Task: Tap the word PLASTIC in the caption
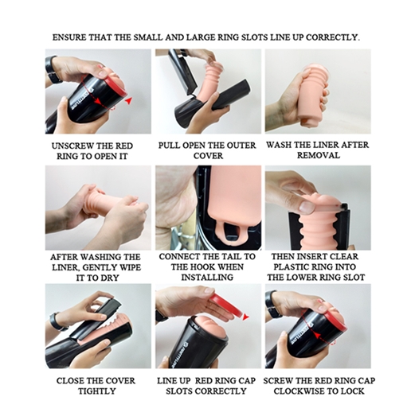click(296, 266)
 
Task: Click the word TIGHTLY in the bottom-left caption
click(97, 391)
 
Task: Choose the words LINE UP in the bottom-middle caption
click(174, 380)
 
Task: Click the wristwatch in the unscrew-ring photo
click(53, 70)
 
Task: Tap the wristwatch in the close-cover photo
click(57, 321)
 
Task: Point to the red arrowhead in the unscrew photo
click(129, 100)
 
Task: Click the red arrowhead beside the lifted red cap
click(245, 317)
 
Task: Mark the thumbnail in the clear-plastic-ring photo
click(307, 207)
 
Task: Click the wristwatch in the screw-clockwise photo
click(272, 305)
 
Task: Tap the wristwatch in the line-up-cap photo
click(160, 316)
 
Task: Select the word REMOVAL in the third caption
click(319, 155)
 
